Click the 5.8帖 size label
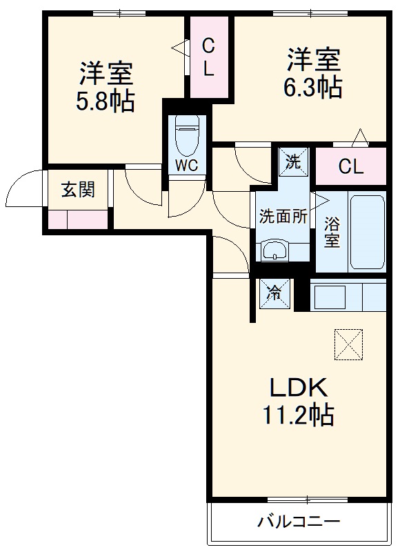[106, 102]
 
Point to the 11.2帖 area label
[297, 415]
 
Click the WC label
[186, 166]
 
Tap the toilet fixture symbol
[186, 135]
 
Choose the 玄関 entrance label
[77, 190]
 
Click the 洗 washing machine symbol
[294, 163]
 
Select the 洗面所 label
[282, 216]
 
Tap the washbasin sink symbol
[276, 250]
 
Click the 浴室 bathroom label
[332, 233]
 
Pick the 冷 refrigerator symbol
[274, 293]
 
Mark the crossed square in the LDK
[348, 343]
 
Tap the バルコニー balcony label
[299, 521]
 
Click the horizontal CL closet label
[350, 166]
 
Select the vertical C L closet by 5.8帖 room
[208, 57]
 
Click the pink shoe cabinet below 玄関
[78, 219]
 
